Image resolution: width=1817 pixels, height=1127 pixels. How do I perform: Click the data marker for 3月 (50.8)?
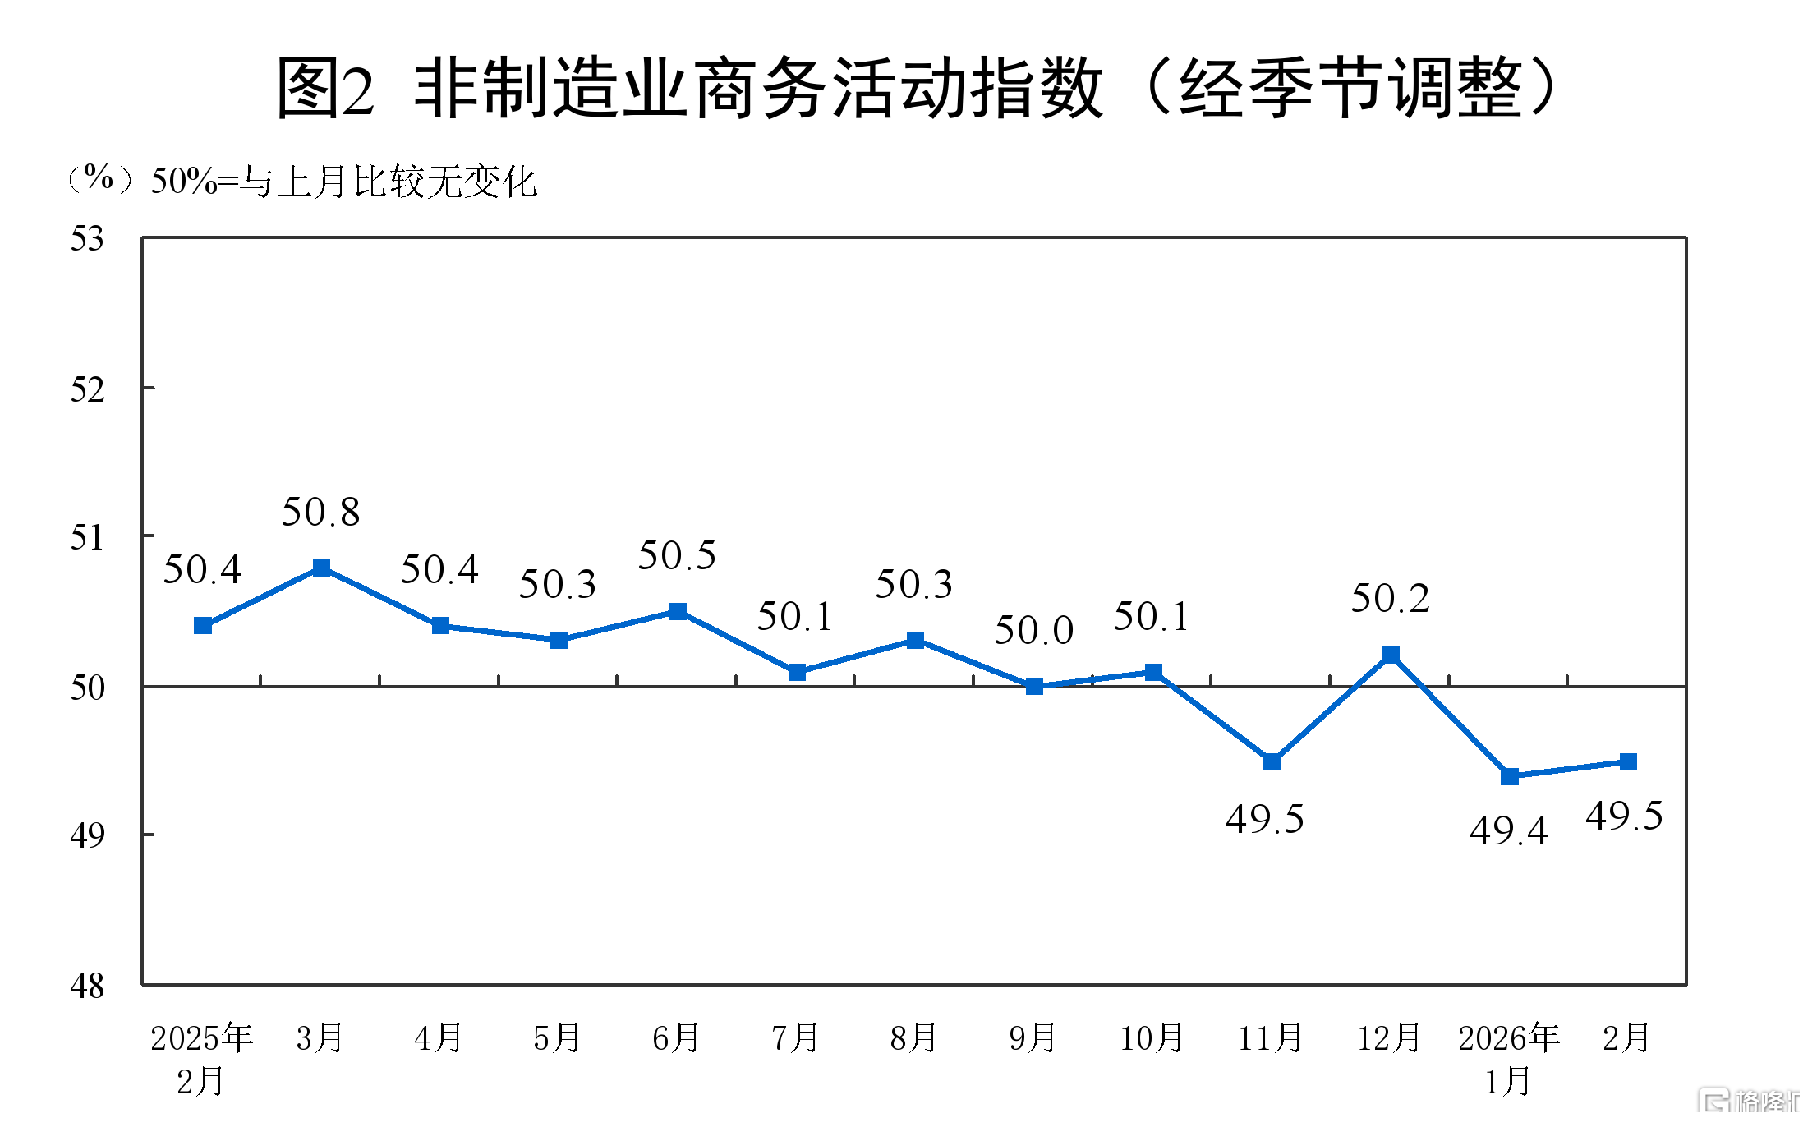coord(322,568)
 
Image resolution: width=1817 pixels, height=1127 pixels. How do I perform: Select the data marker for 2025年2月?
coord(203,626)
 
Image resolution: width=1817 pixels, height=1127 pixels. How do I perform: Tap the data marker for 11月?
coord(1272,762)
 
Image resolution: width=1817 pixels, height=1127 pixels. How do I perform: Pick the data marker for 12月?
coord(1391,655)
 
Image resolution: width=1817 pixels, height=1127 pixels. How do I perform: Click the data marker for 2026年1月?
coord(1510,776)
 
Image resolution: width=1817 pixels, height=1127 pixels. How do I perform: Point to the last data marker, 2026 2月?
coord(1628,762)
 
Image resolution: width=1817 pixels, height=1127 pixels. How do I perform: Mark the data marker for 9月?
coord(1034,686)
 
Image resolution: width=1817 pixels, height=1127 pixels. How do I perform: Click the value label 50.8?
coord(321,513)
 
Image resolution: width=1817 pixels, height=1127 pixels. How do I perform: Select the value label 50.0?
coord(1034,631)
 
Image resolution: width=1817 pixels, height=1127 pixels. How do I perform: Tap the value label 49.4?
coord(1509,830)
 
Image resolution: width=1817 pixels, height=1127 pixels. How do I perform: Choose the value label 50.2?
coord(1391,599)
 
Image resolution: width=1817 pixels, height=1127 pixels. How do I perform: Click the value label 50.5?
coord(678,556)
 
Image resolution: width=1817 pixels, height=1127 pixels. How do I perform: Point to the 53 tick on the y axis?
coord(87,239)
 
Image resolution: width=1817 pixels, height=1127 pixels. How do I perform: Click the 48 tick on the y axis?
coord(87,986)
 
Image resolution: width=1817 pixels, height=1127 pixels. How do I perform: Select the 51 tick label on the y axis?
coord(87,538)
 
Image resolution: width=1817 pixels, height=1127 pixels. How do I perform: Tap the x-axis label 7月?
coord(795,1038)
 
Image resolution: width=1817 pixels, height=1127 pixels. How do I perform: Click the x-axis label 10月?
coord(1152,1038)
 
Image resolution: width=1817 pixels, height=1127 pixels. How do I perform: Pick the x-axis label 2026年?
coord(1509,1038)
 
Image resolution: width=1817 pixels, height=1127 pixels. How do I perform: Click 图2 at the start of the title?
coord(324,89)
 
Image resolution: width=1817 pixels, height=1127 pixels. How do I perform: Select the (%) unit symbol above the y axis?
coord(99,178)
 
